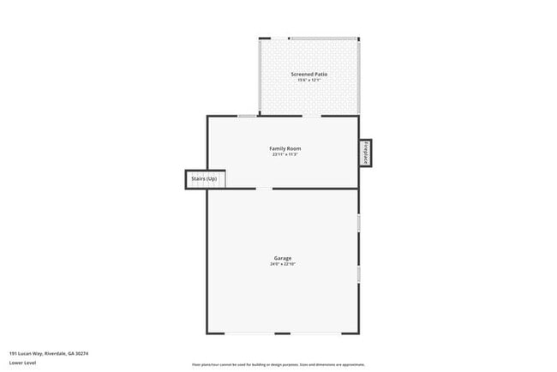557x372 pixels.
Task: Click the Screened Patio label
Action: [309, 75]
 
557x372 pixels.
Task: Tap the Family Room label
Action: [285, 148]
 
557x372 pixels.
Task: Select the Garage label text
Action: [283, 258]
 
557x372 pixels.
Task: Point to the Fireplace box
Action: [365, 153]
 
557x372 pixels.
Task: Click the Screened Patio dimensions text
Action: [309, 81]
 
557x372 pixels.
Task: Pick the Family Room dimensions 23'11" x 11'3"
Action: [285, 154]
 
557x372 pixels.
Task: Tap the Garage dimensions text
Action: [283, 264]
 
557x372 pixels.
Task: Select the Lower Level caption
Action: [23, 363]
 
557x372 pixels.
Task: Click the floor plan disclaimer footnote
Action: [278, 364]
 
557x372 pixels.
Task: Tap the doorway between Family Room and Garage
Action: [264, 189]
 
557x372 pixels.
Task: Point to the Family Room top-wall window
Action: [247, 117]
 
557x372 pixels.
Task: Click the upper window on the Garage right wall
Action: [359, 222]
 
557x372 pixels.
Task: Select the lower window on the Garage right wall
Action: [359, 274]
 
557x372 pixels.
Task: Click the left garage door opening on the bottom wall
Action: [250, 334]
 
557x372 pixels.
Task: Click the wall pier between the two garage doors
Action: [283, 334]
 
